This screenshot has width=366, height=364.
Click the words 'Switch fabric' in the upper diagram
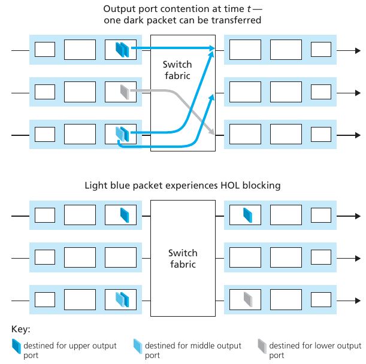pyautogui.click(x=177, y=69)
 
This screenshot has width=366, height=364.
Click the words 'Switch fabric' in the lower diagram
pyautogui.click(x=183, y=258)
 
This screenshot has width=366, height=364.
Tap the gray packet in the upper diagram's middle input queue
pyautogui.click(x=125, y=92)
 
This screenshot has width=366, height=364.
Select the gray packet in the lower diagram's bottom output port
pyautogui.click(x=247, y=298)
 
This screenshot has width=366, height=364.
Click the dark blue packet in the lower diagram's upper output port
pyautogui.click(x=246, y=214)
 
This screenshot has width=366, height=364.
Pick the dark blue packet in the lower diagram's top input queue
pyautogui.click(x=125, y=214)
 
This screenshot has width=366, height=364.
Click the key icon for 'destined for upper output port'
pyautogui.click(x=16, y=345)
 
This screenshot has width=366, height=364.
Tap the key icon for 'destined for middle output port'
pyautogui.click(x=137, y=345)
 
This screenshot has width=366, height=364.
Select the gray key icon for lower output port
pyautogui.click(x=262, y=345)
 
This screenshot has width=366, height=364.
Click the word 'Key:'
pyautogui.click(x=21, y=329)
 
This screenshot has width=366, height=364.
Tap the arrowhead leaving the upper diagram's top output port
pyautogui.click(x=357, y=51)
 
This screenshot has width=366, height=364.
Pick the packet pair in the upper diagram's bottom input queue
pyautogui.click(x=122, y=133)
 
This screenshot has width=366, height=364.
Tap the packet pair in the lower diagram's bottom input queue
pyautogui.click(x=122, y=298)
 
